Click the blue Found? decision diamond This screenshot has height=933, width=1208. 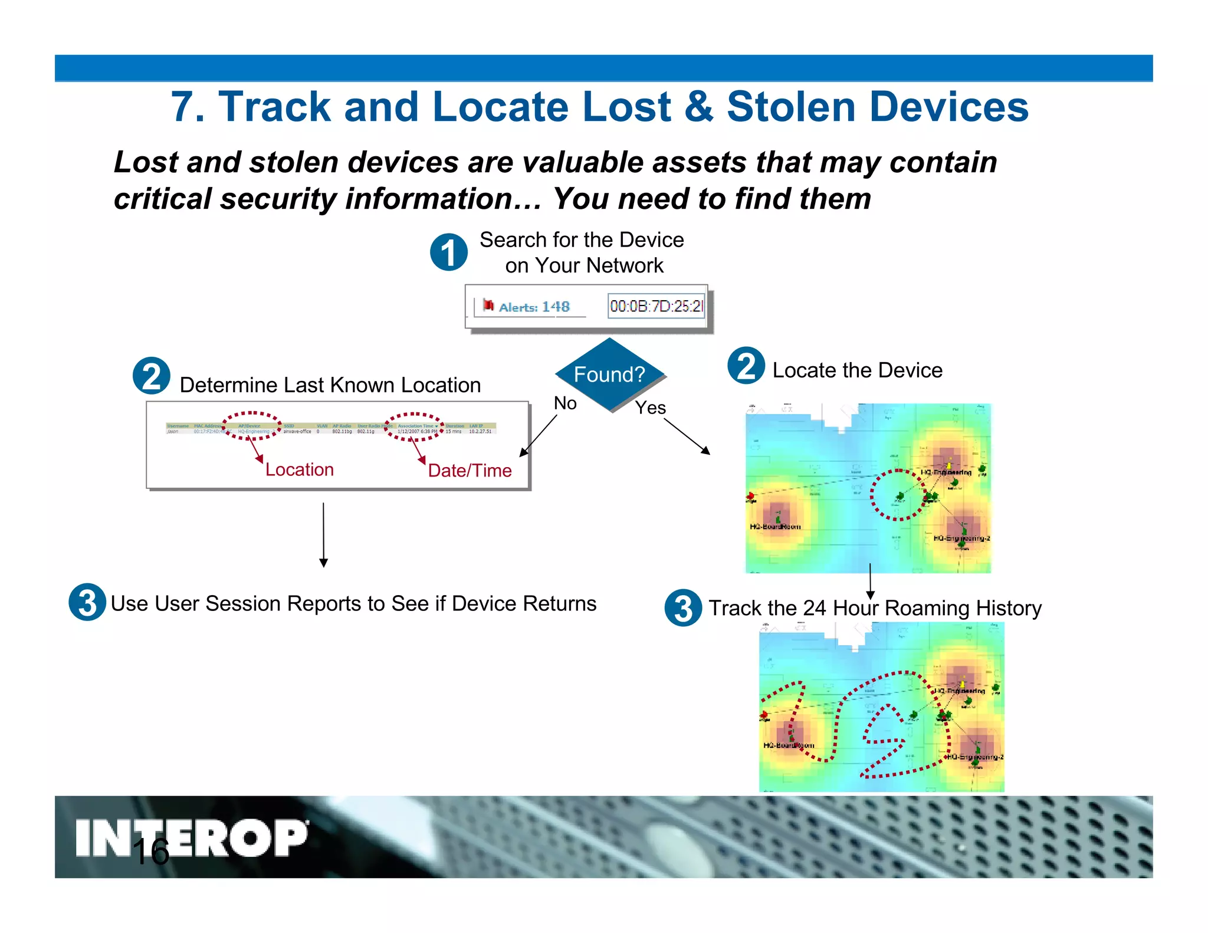coord(610,374)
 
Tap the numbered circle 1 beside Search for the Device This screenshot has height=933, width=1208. coord(449,252)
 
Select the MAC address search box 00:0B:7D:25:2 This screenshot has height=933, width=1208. coord(656,306)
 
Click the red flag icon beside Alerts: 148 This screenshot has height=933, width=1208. coord(488,305)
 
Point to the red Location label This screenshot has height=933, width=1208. coord(300,469)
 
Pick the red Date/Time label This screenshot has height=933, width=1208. coord(470,471)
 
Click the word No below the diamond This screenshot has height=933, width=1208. coord(565,403)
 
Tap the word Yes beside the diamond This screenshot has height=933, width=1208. coord(650,408)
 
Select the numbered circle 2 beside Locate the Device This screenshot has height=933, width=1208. coord(746,366)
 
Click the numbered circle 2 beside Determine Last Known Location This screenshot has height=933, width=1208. coord(152,376)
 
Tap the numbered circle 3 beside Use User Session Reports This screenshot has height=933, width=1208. coord(87,602)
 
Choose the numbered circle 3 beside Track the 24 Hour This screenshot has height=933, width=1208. coord(683,607)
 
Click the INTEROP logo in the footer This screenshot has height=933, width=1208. coord(192,837)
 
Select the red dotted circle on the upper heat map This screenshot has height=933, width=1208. coord(898,495)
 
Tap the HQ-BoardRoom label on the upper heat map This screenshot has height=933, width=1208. coord(775,527)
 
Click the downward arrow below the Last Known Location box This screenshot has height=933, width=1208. coord(323,534)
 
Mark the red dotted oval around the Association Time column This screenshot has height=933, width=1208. coord(413,427)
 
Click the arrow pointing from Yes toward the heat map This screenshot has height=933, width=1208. coord(687,436)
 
